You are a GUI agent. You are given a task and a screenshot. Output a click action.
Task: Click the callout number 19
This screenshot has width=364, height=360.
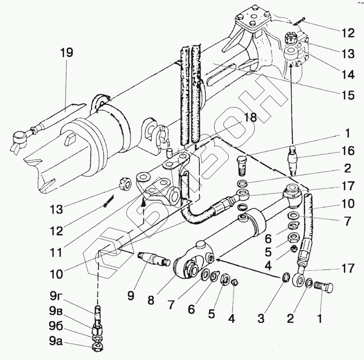(x=67, y=53)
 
